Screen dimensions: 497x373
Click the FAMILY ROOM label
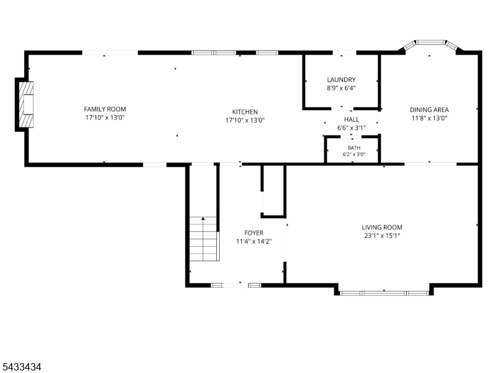(105, 109)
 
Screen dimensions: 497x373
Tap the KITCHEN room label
(245, 112)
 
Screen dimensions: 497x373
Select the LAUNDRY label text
(341, 80)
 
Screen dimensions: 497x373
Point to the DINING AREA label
(429, 110)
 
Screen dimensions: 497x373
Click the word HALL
(352, 119)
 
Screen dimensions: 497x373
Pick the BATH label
(353, 148)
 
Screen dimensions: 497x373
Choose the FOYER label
(254, 233)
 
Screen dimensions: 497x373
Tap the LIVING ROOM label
(382, 228)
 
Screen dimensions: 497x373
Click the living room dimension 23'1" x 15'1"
(382, 236)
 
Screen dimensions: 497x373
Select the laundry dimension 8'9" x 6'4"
(341, 88)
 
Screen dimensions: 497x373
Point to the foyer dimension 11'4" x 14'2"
(254, 241)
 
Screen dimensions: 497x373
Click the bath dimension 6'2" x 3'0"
(353, 154)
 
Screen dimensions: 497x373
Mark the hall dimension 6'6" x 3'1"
(352, 128)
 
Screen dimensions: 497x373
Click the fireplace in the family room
(26, 104)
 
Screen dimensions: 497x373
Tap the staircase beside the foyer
(204, 239)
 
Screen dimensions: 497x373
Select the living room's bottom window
(384, 293)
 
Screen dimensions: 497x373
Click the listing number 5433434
(21, 367)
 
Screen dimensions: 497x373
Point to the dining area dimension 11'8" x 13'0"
(429, 118)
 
